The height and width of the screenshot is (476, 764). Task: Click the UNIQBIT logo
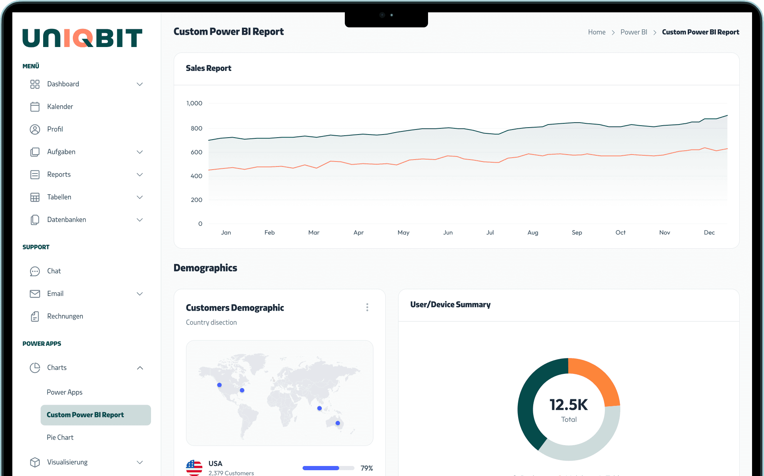(x=82, y=38)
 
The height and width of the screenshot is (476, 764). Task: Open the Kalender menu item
(x=60, y=107)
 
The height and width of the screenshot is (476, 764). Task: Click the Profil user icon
(x=35, y=130)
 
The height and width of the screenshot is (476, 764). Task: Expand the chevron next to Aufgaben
(x=140, y=152)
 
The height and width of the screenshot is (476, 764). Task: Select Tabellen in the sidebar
(x=59, y=197)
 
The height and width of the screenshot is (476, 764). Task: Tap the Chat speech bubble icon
(x=35, y=271)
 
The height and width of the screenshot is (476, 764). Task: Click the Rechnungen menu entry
(x=65, y=316)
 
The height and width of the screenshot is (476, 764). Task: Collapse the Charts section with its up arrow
(x=140, y=368)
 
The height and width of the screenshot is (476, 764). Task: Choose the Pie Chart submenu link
(x=60, y=437)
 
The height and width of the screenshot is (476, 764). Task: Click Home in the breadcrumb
(x=596, y=32)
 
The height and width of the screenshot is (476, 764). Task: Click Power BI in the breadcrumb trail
(x=633, y=32)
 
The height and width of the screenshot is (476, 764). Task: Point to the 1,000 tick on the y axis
(x=194, y=103)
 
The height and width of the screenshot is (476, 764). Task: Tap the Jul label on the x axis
(x=490, y=232)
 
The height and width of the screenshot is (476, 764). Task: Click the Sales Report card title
(x=208, y=68)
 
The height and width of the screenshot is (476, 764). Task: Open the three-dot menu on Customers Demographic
(x=367, y=307)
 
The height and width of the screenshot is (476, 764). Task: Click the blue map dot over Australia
(x=338, y=423)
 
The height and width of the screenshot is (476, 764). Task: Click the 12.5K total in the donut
(x=568, y=405)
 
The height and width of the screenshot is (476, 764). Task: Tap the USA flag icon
(x=194, y=468)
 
